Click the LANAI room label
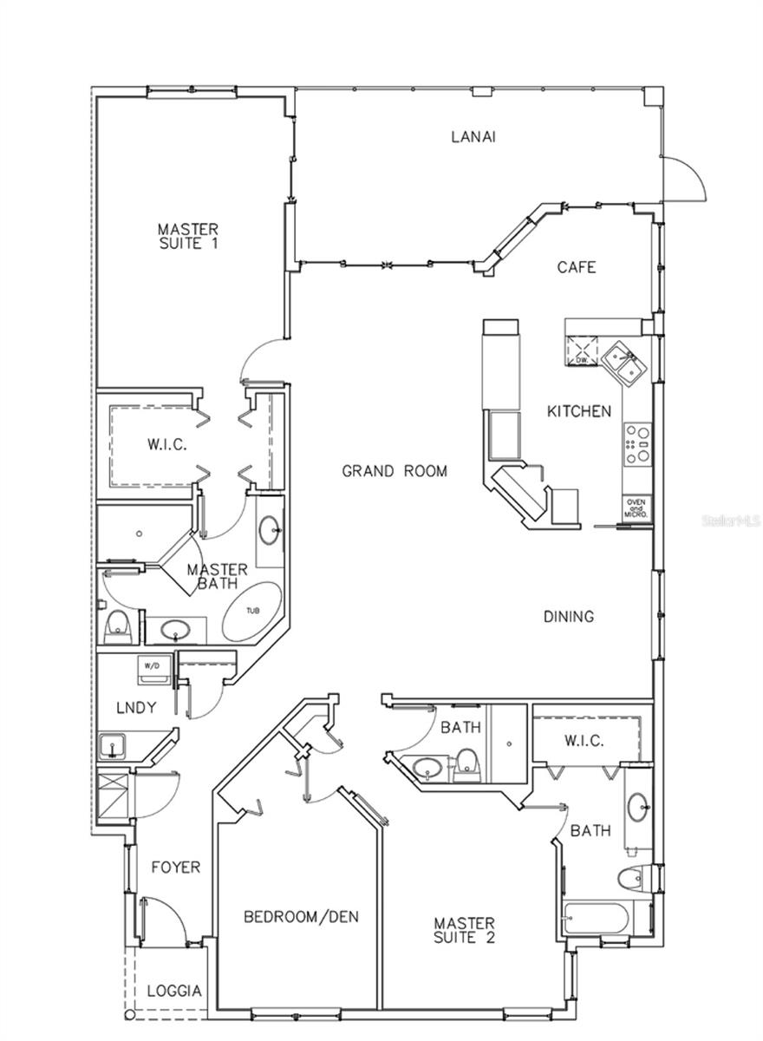473,136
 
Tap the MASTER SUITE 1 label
187,236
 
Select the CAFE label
577,267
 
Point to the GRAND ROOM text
395,471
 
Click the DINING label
569,617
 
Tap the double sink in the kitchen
623,361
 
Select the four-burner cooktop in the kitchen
636,443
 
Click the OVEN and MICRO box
636,507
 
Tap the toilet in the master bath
116,626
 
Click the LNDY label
136,708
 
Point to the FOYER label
175,867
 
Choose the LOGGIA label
174,991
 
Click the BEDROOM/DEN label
301,916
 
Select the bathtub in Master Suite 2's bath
599,919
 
